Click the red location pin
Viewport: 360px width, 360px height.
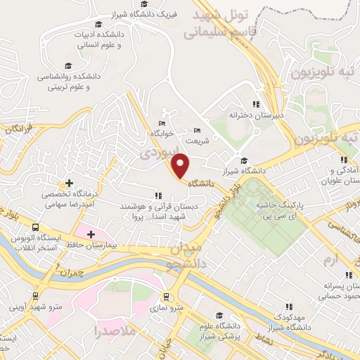(181, 165)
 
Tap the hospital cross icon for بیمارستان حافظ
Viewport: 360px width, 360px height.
(91, 233)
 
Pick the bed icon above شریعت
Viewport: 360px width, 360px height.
(196, 130)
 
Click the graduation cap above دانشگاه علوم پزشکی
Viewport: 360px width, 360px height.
(219, 314)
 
